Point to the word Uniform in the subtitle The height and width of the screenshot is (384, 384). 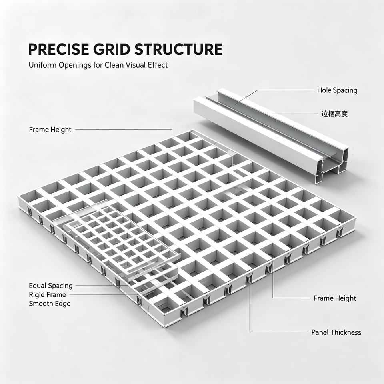pyautogui.click(x=42, y=65)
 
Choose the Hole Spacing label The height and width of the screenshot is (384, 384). pyautogui.click(x=337, y=90)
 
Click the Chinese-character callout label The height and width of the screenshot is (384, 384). pyautogui.click(x=334, y=114)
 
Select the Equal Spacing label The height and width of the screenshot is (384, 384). pyautogui.click(x=51, y=286)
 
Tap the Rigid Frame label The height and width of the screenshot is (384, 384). pyautogui.click(x=47, y=294)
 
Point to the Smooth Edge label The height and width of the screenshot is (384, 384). pyautogui.click(x=50, y=304)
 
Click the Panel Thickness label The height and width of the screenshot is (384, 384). pyautogui.click(x=336, y=332)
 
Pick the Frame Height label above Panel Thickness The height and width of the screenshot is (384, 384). pyautogui.click(x=335, y=298)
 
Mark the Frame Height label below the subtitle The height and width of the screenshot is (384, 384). pyautogui.click(x=50, y=130)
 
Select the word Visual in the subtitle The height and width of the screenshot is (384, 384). pyautogui.click(x=136, y=65)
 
